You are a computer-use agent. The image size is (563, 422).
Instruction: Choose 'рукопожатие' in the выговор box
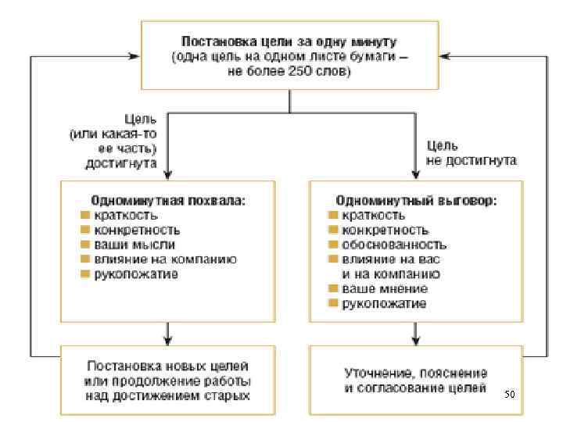click(384, 303)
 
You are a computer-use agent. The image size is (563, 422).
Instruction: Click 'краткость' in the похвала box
click(126, 215)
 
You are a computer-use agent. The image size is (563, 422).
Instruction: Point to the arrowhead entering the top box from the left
click(134, 56)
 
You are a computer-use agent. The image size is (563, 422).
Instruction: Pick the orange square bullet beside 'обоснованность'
click(332, 245)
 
